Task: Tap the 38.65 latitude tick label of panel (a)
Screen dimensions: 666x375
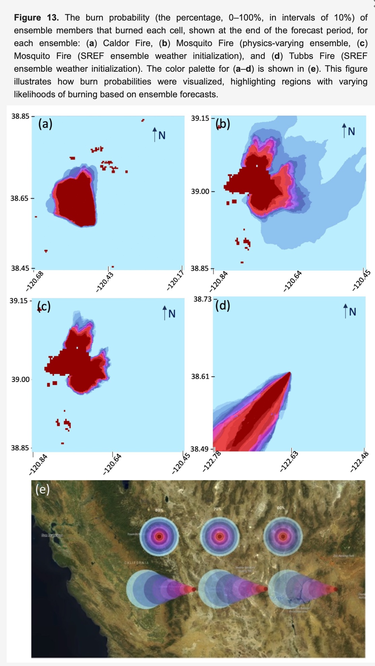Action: (x=20, y=198)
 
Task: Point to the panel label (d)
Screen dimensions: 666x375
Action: (x=223, y=305)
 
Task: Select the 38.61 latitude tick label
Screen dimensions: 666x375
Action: (x=200, y=376)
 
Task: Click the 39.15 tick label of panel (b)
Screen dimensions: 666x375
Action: (x=200, y=118)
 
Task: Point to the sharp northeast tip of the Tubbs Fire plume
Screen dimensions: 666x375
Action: (x=289, y=373)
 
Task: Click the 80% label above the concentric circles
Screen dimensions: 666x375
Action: (x=159, y=510)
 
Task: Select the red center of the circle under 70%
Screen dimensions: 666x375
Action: (x=220, y=536)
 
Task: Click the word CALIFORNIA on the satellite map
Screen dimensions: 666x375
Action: (x=136, y=563)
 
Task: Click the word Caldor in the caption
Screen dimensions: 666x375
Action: (x=116, y=43)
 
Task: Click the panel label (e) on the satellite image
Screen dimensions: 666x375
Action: (x=43, y=489)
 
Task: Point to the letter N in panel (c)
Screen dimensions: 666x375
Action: (x=172, y=314)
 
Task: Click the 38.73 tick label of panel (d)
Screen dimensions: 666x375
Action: (x=203, y=299)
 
